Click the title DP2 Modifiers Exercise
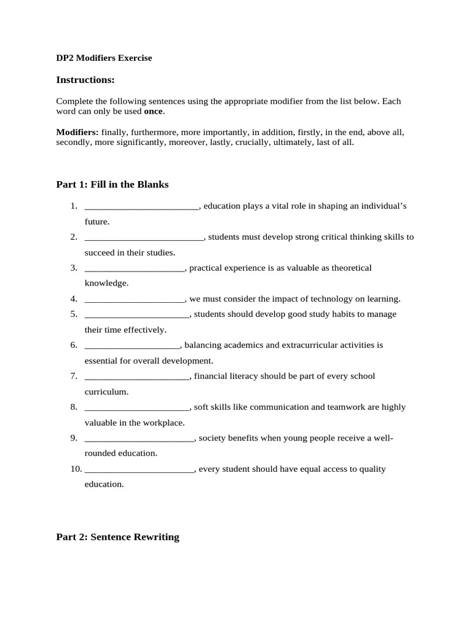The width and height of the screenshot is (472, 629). coord(104,58)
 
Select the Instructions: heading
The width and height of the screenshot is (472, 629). coord(85,80)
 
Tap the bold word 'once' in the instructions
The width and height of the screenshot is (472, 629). coord(154,111)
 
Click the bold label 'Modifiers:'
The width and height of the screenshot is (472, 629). coord(77,132)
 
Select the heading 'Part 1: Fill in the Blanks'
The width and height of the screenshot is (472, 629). coord(112,184)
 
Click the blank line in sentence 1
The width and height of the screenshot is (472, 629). coord(141,206)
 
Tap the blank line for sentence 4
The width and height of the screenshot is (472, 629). coord(135,299)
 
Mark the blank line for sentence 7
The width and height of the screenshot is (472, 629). coord(137,377)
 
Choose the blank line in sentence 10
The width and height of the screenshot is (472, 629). coord(140,469)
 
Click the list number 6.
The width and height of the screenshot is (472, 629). coord(74,345)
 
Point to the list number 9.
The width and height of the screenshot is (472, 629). coord(74,438)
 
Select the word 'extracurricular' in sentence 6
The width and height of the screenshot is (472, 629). coord(310,345)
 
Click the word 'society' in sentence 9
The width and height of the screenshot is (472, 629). coord(212,438)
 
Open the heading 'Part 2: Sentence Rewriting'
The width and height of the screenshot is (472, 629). coord(117,537)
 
